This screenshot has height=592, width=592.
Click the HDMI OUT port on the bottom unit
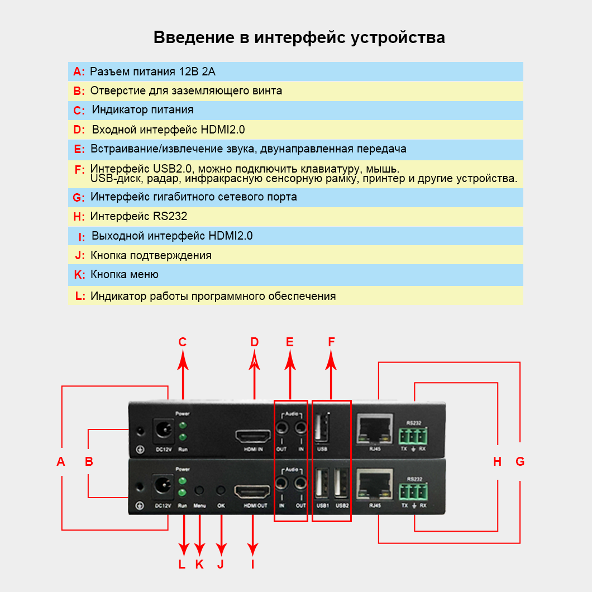(x=253, y=492)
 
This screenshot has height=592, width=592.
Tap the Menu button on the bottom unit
(x=199, y=490)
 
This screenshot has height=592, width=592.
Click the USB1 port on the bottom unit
(x=322, y=483)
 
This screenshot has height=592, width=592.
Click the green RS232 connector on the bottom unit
(x=413, y=491)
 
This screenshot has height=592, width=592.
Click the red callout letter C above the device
(x=182, y=342)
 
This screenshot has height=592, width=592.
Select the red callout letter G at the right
(x=520, y=461)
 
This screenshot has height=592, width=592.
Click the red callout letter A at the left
(x=61, y=461)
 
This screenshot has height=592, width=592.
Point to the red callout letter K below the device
(x=199, y=564)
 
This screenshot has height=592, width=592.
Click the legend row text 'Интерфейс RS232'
(x=139, y=216)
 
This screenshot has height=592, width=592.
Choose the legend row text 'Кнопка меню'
(x=125, y=274)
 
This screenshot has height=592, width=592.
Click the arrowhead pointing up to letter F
(x=331, y=362)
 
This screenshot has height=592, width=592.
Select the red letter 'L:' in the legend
(x=80, y=296)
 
